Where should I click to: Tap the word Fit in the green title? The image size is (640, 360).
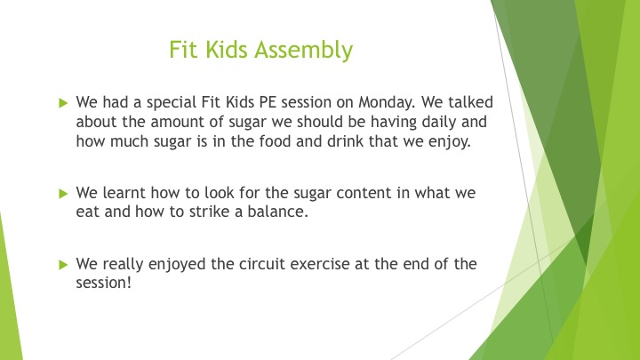tap(184, 50)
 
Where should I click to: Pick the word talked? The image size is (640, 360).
tap(470, 102)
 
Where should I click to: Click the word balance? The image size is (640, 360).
tap(277, 212)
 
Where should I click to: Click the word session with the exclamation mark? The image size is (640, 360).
tap(104, 283)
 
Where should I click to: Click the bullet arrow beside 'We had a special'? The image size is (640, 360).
tap(63, 103)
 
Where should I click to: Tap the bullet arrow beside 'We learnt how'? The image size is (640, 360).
tap(63, 194)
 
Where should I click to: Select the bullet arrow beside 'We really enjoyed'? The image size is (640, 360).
tap(63, 265)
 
